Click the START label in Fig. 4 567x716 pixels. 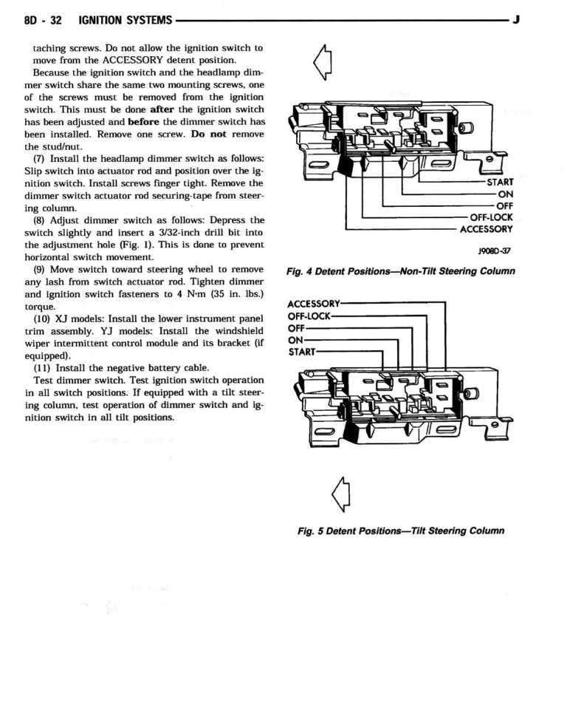[x=500, y=183]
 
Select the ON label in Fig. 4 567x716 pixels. [x=505, y=194]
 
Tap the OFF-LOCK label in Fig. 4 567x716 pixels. [x=491, y=217]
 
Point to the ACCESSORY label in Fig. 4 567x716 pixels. [x=486, y=229]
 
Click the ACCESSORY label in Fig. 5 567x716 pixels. [x=313, y=304]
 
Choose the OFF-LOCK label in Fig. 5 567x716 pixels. [x=309, y=316]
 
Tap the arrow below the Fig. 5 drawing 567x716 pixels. [x=340, y=492]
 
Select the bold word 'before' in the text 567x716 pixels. [x=143, y=120]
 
